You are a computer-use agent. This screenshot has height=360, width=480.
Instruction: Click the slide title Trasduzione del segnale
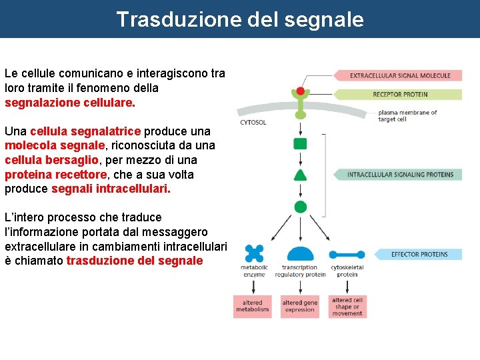point(240,19)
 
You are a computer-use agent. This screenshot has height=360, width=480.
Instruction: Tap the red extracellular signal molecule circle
point(300,91)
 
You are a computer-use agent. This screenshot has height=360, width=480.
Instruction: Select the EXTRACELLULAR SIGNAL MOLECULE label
point(400,76)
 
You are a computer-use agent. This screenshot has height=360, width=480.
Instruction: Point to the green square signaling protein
point(300,143)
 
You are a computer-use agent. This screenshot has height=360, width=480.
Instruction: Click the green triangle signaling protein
point(300,175)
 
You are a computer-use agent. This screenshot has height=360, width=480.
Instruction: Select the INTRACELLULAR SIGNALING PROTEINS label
point(400,175)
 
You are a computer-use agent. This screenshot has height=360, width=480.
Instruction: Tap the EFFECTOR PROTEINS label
point(419,254)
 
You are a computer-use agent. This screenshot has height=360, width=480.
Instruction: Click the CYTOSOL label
point(253,123)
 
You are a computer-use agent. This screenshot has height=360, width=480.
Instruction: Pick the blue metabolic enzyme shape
point(254,253)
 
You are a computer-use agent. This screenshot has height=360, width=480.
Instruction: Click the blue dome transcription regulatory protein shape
point(301,254)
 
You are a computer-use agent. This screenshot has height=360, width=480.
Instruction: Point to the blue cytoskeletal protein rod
point(347,254)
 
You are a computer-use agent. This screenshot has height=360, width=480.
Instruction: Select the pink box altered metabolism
point(253,306)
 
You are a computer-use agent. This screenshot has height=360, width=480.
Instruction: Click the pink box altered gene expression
point(301,306)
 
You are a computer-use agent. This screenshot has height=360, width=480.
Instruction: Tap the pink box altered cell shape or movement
point(347,306)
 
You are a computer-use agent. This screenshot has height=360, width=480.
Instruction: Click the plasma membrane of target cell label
point(407,116)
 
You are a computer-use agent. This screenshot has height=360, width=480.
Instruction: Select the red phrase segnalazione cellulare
point(69,103)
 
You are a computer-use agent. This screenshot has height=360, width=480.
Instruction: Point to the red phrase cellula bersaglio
point(51,161)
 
